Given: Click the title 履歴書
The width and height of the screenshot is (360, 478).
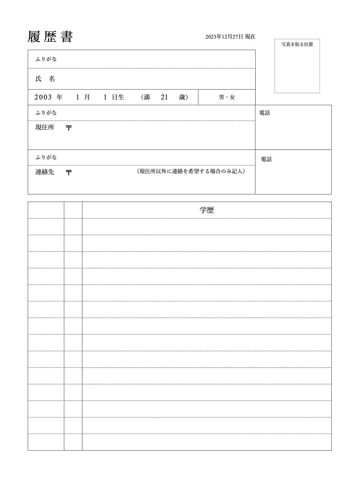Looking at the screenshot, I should click(x=50, y=37).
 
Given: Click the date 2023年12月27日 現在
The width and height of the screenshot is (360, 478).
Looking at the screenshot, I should click(x=230, y=37).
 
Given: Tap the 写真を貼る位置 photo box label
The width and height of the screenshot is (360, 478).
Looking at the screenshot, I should click(x=297, y=44).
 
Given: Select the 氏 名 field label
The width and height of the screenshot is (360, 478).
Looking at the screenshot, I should click(x=45, y=79).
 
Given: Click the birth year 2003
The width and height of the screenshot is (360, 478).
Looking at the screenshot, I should click(x=43, y=97).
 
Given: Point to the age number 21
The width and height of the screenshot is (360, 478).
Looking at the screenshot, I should click(x=164, y=97).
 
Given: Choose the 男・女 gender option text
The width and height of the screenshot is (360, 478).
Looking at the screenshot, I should click(x=227, y=97).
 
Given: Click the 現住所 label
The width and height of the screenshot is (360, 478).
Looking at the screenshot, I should click(x=45, y=127).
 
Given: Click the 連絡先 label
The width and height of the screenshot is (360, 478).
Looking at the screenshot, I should click(x=45, y=172).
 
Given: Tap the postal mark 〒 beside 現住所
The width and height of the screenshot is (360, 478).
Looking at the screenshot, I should click(x=69, y=128).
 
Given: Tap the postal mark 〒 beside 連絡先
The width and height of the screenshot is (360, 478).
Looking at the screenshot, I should click(x=69, y=173).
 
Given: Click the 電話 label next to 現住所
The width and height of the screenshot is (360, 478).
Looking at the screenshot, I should click(x=265, y=113).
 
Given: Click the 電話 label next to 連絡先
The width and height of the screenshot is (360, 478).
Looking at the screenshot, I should click(x=266, y=159).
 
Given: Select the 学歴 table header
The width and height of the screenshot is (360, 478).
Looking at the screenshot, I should click(x=207, y=210).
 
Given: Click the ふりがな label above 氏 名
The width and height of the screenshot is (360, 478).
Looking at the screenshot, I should click(x=46, y=59).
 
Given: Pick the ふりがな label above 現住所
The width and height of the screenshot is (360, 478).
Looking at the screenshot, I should click(x=46, y=113).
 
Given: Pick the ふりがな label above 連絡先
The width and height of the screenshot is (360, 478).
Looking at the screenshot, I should click(x=46, y=157).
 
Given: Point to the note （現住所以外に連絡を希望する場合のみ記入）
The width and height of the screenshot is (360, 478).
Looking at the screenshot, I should click(x=191, y=171).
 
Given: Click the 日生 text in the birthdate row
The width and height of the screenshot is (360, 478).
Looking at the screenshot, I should click(x=118, y=97).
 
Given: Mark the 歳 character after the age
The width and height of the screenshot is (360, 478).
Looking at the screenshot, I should click(x=182, y=97).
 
